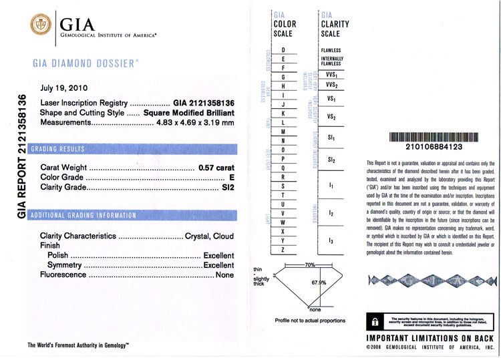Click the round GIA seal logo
tap(41, 25)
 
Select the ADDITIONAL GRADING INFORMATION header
tap(83, 216)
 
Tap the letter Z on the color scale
tap(284, 250)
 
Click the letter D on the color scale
tap(284, 50)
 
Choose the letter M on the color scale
tap(284, 132)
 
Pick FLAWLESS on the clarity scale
tap(331, 50)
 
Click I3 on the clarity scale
tap(331, 239)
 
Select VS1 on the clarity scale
tap(331, 99)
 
